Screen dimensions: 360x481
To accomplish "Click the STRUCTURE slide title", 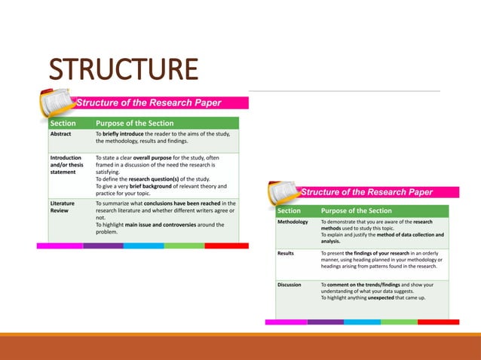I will pos(124,69).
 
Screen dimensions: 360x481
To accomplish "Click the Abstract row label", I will pos(60,134).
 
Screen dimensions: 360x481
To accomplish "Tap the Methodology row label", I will pos(293,223).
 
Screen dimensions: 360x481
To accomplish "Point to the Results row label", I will pos(286,254).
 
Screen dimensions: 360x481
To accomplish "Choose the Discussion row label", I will pos(289,285).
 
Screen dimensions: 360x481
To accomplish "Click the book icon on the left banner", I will pos(57,102).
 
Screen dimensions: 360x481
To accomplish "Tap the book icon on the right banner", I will pos(283,191).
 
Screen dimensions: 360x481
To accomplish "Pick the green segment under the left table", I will pos(184,246).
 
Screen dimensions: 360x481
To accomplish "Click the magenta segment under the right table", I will pos(286,322).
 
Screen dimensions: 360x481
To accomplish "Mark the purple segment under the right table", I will pos(325,322).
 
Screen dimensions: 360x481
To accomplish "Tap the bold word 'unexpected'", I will pos(388,298).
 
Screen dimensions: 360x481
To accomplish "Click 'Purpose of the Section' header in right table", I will pos(356,211).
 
